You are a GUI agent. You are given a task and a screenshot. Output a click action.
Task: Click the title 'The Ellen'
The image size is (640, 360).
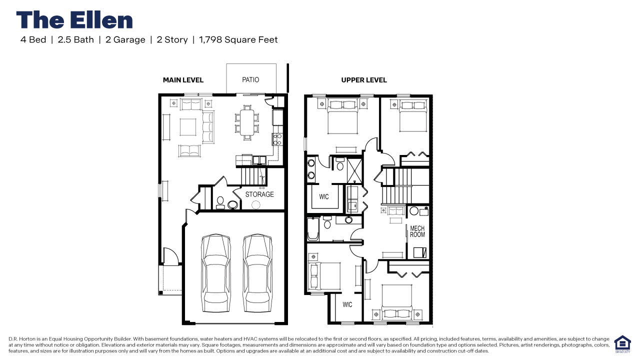click(x=74, y=20)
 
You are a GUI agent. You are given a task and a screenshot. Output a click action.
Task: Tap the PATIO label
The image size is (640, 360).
click(x=250, y=79)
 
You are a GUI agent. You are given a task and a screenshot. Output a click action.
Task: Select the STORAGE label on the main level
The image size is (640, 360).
click(x=259, y=194)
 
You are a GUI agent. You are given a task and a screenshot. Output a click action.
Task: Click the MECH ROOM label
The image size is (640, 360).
click(x=417, y=231)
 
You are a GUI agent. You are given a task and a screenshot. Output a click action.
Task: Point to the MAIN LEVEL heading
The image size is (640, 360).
click(x=183, y=80)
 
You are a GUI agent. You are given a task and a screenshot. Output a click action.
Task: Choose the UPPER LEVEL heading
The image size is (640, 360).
click(x=363, y=80)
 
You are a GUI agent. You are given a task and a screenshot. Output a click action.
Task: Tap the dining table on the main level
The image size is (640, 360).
click(x=246, y=121)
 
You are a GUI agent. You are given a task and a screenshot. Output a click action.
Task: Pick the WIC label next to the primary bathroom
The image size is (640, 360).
click(x=324, y=196)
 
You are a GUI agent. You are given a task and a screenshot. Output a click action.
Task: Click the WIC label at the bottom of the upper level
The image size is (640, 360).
click(x=347, y=304)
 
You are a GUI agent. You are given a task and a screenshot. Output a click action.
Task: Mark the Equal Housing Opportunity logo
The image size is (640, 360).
click(x=622, y=344)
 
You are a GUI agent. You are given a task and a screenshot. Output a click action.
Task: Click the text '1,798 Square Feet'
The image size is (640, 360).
click(x=238, y=39)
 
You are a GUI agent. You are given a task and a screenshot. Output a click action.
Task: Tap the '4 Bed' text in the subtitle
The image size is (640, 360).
click(x=33, y=39)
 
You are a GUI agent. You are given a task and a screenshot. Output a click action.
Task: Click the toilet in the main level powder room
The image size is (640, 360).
click(x=220, y=201)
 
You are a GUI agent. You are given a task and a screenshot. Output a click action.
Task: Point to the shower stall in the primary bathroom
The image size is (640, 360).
click(x=355, y=169)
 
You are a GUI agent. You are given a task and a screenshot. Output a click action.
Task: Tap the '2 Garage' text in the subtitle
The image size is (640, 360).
click(x=125, y=39)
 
